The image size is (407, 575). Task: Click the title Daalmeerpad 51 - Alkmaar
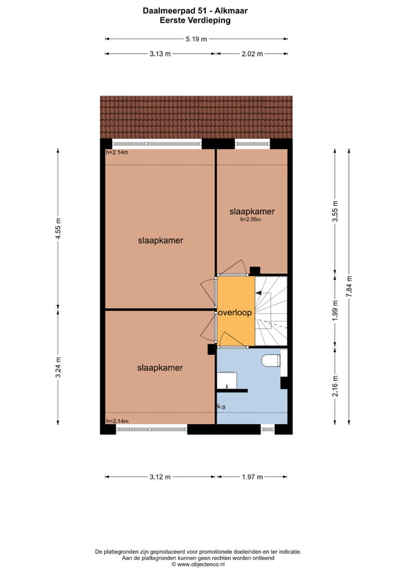(196, 10)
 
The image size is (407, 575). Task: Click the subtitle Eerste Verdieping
(196, 19)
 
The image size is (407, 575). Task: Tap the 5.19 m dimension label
(196, 39)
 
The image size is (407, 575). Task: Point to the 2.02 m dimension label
(252, 54)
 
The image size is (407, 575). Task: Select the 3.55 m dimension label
(335, 211)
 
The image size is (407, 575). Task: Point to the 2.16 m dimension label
(335, 386)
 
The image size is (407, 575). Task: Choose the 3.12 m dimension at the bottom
(160, 477)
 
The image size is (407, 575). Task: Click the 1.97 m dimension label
(252, 477)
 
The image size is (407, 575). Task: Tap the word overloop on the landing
(235, 312)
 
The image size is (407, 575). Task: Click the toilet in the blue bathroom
(271, 360)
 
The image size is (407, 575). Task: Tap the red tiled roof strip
(196, 117)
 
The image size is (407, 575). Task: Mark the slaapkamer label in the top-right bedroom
(252, 212)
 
